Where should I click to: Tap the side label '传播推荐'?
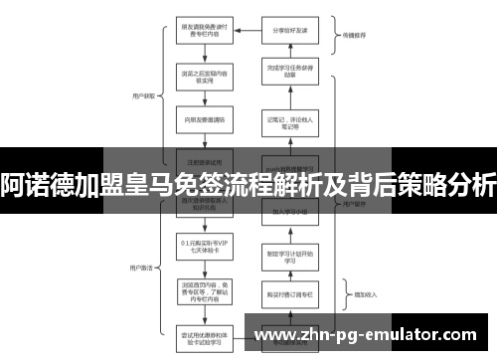pyautogui.click(x=354, y=34)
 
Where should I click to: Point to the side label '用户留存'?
pyautogui.click(x=354, y=203)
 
